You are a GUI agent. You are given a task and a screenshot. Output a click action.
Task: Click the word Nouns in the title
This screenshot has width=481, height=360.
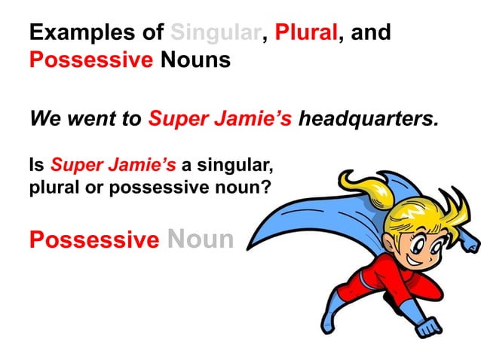coord(195,59)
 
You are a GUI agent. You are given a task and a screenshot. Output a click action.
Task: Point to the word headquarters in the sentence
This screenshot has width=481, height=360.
coord(369,118)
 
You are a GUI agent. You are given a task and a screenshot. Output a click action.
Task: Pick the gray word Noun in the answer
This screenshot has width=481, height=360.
coord(201,239)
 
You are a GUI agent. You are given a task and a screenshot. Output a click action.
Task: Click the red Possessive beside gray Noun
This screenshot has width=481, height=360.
coord(94,239)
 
